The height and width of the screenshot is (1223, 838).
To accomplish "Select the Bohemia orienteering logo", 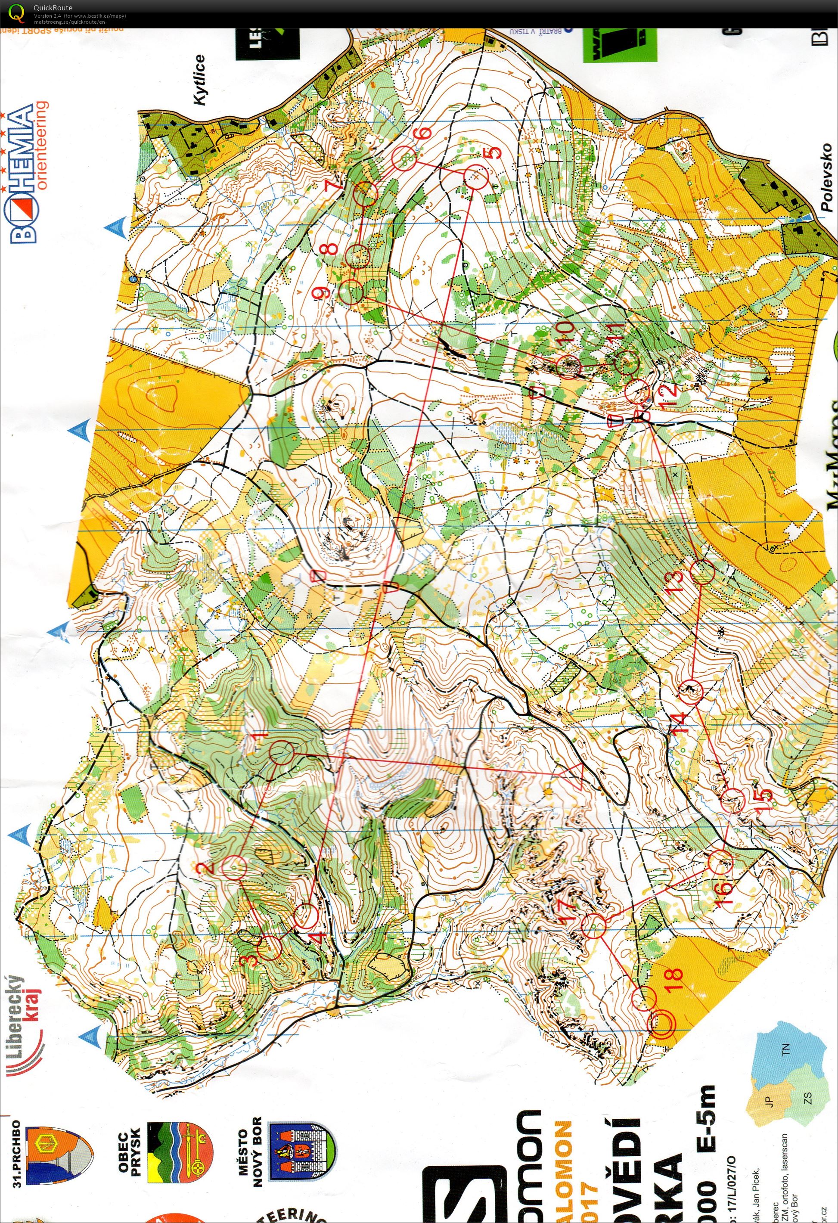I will coord(29,174).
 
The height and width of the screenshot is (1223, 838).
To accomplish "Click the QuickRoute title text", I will coord(53,7).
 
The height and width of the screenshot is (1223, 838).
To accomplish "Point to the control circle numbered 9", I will coord(351,292).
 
